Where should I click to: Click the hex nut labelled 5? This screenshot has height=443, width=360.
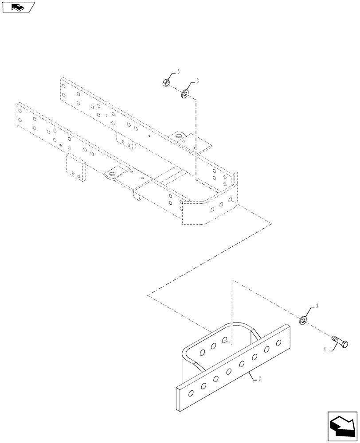coord(163,82)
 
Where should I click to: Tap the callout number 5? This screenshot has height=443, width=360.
coord(179,71)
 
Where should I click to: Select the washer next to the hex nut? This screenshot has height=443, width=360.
coord(184,94)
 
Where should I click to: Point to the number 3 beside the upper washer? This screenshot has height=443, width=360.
coord(197,81)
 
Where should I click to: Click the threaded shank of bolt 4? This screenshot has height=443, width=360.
coord(334,339)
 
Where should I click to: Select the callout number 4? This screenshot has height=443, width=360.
coord(325,350)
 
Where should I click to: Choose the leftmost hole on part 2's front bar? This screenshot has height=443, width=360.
coord(191,393)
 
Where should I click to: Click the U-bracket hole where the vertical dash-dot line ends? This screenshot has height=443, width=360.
coord(226,340)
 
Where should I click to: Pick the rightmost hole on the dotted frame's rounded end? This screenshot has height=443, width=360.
coord(231,200)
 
